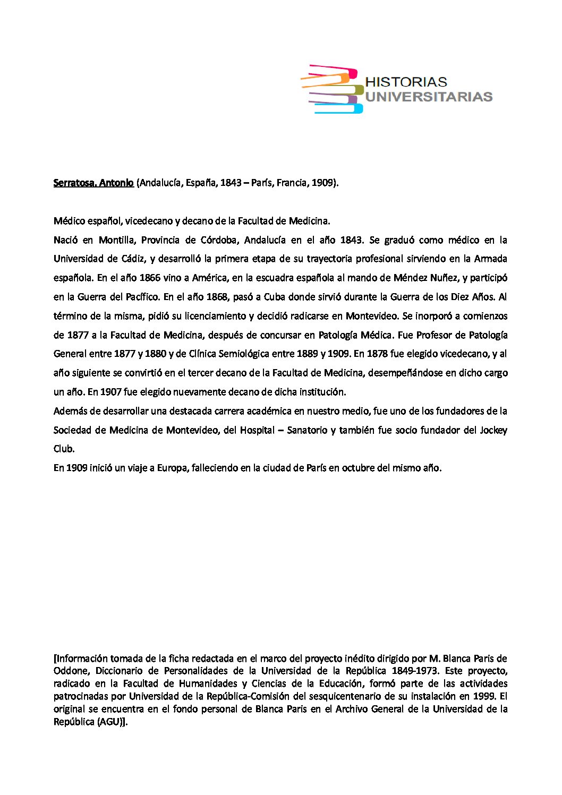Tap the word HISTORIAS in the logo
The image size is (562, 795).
coord(406,82)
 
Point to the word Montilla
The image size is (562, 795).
coord(116,240)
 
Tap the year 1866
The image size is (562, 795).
coord(150,278)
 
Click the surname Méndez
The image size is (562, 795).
coord(407,278)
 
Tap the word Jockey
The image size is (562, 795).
coord(493,430)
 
